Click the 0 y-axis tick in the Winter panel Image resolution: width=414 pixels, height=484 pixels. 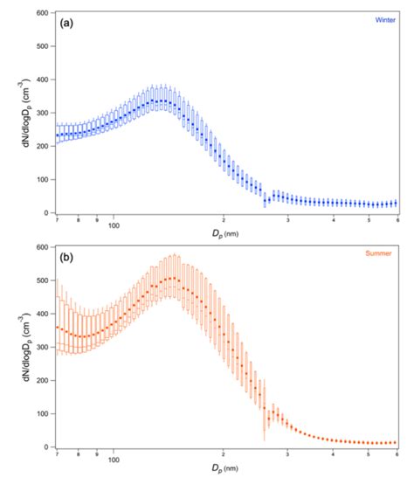[47, 212]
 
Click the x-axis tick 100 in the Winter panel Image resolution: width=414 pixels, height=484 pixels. [114, 225]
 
